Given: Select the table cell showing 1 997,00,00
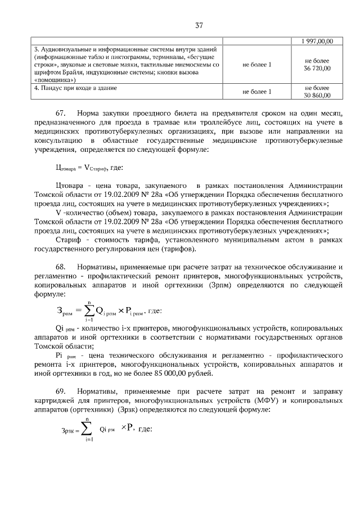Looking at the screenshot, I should pyautogui.click(x=317, y=41).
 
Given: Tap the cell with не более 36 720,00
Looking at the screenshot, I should pyautogui.click(x=317, y=64).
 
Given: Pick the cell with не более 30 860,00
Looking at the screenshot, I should pyautogui.click(x=317, y=92).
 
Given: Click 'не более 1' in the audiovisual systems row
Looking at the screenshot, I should pyautogui.click(x=256, y=65).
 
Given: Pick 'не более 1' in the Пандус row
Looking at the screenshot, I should pyautogui.click(x=256, y=92).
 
